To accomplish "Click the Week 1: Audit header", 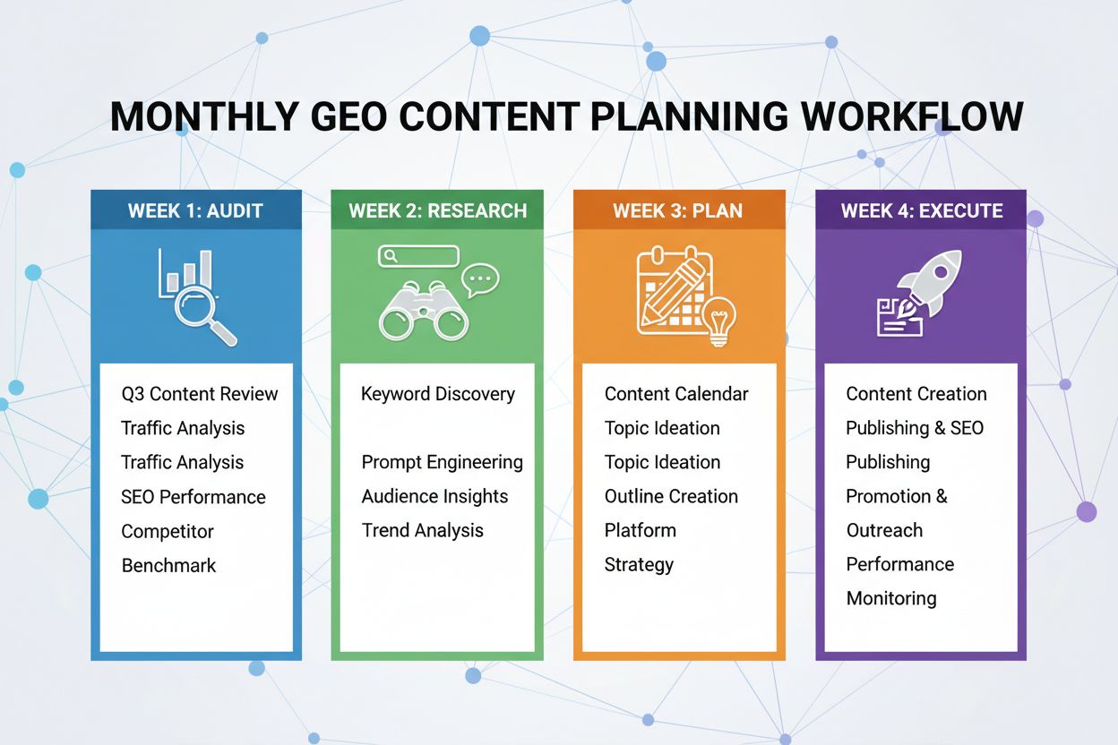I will (x=195, y=211).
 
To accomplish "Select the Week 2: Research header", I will (x=437, y=211).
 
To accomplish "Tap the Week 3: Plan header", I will (x=678, y=211).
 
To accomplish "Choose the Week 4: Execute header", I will (x=921, y=211).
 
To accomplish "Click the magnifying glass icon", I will (x=204, y=310).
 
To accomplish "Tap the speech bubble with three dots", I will (x=481, y=280).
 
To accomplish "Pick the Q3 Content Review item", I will (x=199, y=394).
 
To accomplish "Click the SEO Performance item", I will (x=193, y=497).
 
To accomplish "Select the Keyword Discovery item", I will (x=437, y=394).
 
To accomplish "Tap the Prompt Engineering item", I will (x=442, y=463).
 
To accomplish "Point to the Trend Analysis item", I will (x=422, y=531).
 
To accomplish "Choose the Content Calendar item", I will (x=676, y=394).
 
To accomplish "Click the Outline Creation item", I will (x=671, y=497).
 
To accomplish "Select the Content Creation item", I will (x=916, y=394).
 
